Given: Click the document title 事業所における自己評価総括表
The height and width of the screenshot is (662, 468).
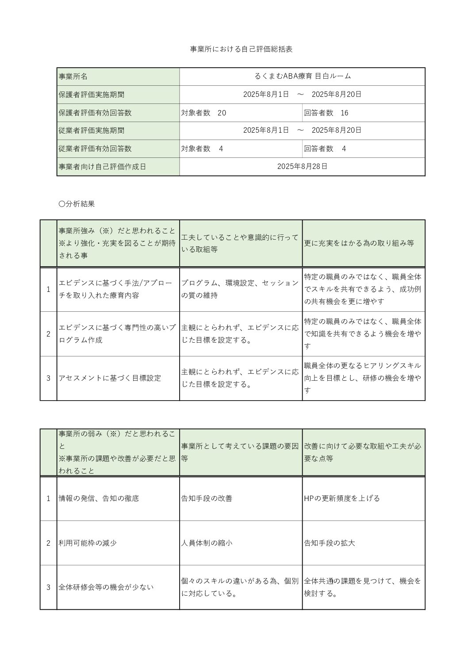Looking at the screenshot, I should click(x=241, y=49).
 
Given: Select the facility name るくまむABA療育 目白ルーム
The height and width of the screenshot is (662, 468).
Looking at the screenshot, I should click(x=303, y=76).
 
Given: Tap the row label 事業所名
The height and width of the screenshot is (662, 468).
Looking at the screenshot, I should click(x=73, y=77).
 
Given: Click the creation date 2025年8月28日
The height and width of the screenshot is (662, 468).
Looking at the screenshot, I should click(x=303, y=166).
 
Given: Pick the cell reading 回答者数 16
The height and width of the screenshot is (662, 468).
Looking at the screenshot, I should click(x=326, y=113).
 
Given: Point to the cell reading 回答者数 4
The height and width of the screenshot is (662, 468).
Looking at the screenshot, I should click(x=325, y=149).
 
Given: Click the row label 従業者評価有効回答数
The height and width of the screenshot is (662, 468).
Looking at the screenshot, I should click(x=95, y=149).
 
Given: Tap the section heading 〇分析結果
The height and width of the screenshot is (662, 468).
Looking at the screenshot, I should click(x=77, y=204).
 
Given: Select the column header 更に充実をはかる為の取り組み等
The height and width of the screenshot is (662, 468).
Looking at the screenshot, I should click(x=359, y=243).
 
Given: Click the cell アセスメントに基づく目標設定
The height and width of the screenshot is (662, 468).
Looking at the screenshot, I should click(x=110, y=378).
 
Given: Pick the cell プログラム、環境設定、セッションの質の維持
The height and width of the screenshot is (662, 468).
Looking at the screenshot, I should click(x=240, y=289).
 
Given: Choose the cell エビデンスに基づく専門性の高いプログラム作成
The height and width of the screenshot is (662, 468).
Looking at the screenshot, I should click(x=117, y=333).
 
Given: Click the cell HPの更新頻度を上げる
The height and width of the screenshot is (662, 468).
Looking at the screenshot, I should click(x=342, y=498).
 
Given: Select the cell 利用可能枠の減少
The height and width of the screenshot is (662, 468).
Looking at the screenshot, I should click(x=88, y=543).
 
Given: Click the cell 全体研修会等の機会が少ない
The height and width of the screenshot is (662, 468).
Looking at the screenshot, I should click(x=106, y=587).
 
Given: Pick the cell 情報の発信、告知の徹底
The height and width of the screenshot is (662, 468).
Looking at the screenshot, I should click(x=99, y=498).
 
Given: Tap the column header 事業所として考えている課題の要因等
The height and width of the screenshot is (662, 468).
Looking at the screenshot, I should click(x=240, y=452).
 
